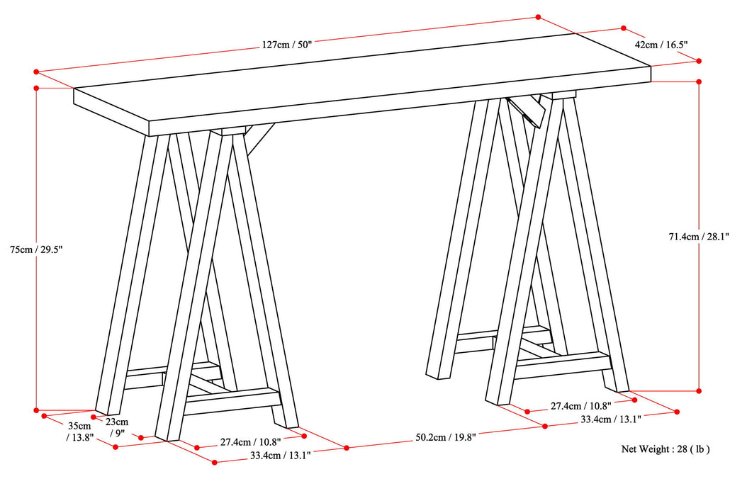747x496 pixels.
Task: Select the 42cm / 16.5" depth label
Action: [x=661, y=44]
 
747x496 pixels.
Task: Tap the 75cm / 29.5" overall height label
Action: [x=37, y=249]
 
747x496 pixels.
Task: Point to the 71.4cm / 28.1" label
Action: [x=699, y=236]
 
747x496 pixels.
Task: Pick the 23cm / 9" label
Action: [x=117, y=427]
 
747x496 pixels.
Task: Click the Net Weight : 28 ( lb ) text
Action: [x=665, y=449]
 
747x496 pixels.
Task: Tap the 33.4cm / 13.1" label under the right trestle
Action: [x=611, y=419]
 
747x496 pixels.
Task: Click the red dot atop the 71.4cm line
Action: [x=699, y=81]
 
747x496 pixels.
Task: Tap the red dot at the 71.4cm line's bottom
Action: [x=699, y=390]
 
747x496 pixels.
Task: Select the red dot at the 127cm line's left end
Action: [x=35, y=72]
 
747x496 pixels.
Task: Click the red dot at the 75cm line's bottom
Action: [x=35, y=410]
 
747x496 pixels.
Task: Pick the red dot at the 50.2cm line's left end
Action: [x=347, y=447]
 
